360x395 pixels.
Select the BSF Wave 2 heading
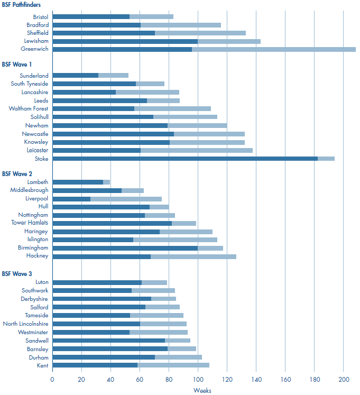tap(17, 173)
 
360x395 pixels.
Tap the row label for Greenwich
tap(35, 49)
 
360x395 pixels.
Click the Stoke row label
tap(41, 159)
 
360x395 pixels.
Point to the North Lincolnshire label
tap(25, 324)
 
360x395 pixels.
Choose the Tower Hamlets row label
tap(30, 223)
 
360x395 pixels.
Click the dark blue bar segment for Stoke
tap(185, 159)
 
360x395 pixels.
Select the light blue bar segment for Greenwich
tap(273, 49)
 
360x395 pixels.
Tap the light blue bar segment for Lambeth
tap(106, 182)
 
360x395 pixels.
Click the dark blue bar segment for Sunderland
tap(75, 76)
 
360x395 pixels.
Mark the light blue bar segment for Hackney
tap(193, 256)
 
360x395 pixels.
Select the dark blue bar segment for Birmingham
tap(125, 248)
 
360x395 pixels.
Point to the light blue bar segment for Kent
tap(173, 365)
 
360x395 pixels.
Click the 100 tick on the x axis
tap(198, 379)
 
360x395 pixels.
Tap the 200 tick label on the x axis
tap(343, 379)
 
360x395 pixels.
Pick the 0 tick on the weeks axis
tap(52, 379)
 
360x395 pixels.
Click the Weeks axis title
tap(202, 390)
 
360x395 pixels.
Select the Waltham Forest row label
tap(29, 109)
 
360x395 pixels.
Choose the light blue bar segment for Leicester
tap(197, 150)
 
